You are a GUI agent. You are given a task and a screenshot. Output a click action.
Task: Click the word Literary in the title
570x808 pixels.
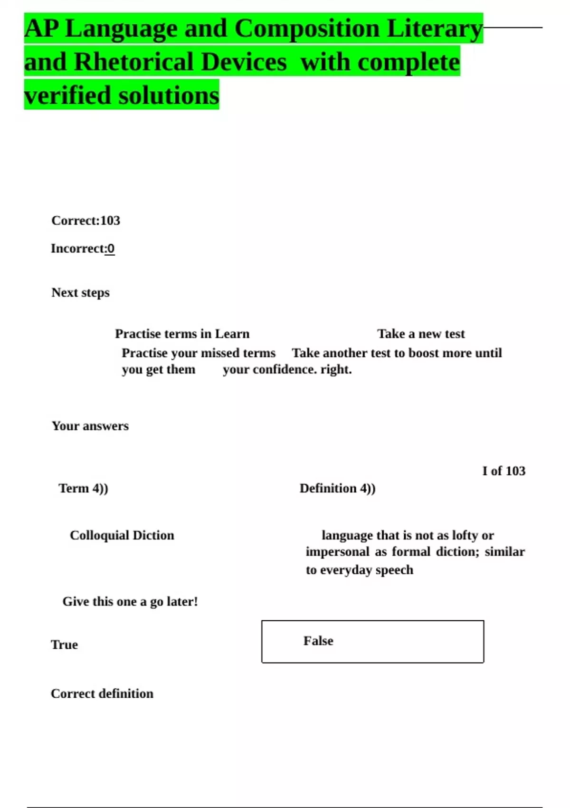[x=434, y=29]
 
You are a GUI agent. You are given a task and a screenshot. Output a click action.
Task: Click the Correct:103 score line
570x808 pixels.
[x=85, y=221]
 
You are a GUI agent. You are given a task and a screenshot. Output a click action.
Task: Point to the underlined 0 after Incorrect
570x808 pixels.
[x=110, y=249]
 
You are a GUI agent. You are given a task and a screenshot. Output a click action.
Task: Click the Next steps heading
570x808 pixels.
[x=80, y=292]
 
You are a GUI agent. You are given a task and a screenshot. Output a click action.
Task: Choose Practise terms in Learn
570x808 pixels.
[x=182, y=334]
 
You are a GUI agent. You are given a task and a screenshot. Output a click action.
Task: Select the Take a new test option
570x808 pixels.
[x=421, y=334]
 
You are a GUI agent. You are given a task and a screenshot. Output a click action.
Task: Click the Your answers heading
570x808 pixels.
[x=90, y=426]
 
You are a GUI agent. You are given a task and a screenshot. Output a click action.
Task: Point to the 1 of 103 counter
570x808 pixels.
[x=503, y=471]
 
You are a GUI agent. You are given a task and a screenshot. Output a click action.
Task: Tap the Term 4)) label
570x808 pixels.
[x=83, y=489]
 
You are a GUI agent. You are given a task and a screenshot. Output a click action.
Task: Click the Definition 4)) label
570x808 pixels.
[x=337, y=489]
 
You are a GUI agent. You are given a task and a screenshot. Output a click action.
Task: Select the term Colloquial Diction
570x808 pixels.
[x=122, y=535]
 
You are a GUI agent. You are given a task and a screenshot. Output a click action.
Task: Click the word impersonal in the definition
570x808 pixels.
[x=337, y=552]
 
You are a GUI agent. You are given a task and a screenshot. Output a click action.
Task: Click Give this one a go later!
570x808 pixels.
[x=130, y=602]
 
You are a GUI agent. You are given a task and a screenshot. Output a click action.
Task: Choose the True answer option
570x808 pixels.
[x=64, y=645]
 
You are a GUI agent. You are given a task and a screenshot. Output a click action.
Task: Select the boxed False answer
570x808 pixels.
[x=372, y=641]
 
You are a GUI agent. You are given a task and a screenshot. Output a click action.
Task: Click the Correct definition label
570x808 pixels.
[x=102, y=694]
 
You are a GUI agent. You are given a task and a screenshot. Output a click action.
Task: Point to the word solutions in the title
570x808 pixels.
[x=169, y=96]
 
